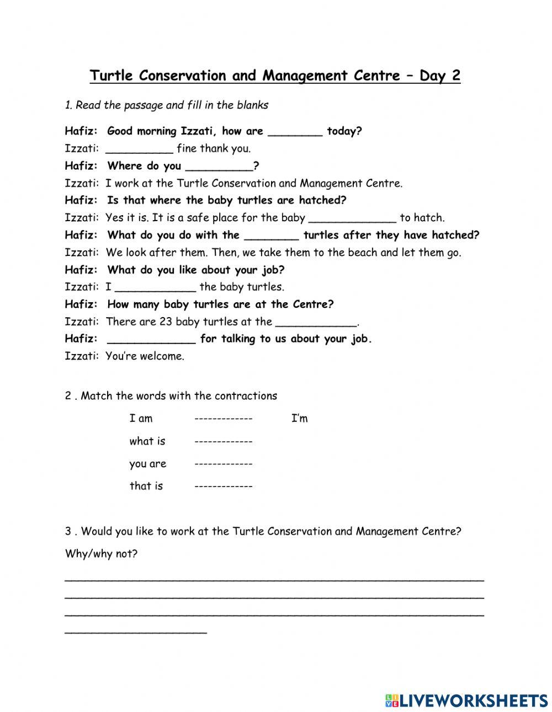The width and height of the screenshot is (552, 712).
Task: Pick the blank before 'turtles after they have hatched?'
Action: (x=271, y=236)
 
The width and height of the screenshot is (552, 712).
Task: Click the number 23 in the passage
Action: (x=166, y=322)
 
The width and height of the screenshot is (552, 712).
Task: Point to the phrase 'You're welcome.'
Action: (x=145, y=356)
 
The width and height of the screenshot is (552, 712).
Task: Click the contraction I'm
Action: (x=299, y=419)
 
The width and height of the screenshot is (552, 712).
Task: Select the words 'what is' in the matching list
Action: (x=147, y=441)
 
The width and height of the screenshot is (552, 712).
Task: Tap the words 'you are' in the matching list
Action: (x=147, y=464)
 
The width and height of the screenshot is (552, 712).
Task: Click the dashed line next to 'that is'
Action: (x=223, y=486)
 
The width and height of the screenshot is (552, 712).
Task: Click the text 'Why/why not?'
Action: (x=101, y=554)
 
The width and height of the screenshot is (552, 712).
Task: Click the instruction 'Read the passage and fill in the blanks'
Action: (x=171, y=105)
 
